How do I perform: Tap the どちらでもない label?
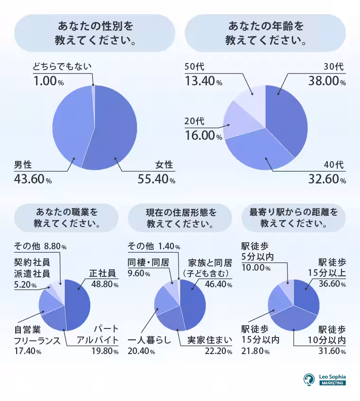(62, 67)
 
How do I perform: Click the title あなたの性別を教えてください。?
(95, 33)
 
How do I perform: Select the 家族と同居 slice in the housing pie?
(195, 303)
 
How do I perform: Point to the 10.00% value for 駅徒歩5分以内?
(256, 268)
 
